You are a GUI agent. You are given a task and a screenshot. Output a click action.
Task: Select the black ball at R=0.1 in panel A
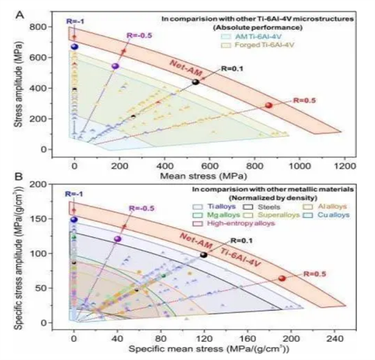pyautogui.click(x=196, y=82)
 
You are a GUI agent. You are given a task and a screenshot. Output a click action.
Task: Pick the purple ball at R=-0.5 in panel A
pyautogui.click(x=115, y=66)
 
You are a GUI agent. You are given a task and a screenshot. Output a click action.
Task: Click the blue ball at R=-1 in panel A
pyautogui.click(x=75, y=46)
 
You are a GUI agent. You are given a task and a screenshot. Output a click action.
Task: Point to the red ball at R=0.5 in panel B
pyautogui.click(x=282, y=279)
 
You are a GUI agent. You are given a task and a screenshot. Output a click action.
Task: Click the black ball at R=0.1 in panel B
pyautogui.click(x=204, y=255)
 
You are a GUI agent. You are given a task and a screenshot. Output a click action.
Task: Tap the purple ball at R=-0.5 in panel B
pyautogui.click(x=117, y=239)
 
